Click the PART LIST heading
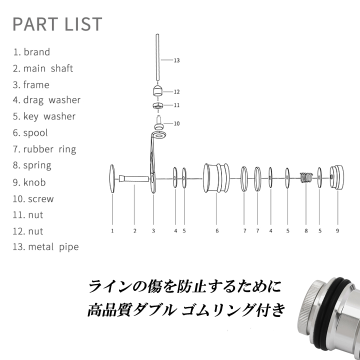click(x=57, y=24)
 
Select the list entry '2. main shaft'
click(x=43, y=68)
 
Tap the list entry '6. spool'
click(x=30, y=133)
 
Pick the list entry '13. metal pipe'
click(x=45, y=247)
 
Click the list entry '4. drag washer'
click(x=46, y=100)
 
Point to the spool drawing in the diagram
click(x=216, y=178)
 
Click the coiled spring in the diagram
click(x=306, y=177)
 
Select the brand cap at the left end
click(x=112, y=178)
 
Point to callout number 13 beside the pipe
click(x=176, y=60)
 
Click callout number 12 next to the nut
click(x=176, y=92)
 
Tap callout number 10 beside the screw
click(x=176, y=123)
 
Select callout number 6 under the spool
click(x=217, y=231)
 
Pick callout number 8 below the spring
click(x=306, y=231)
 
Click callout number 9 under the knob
click(x=337, y=231)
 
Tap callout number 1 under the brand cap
click(x=112, y=231)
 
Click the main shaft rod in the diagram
click(x=134, y=178)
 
